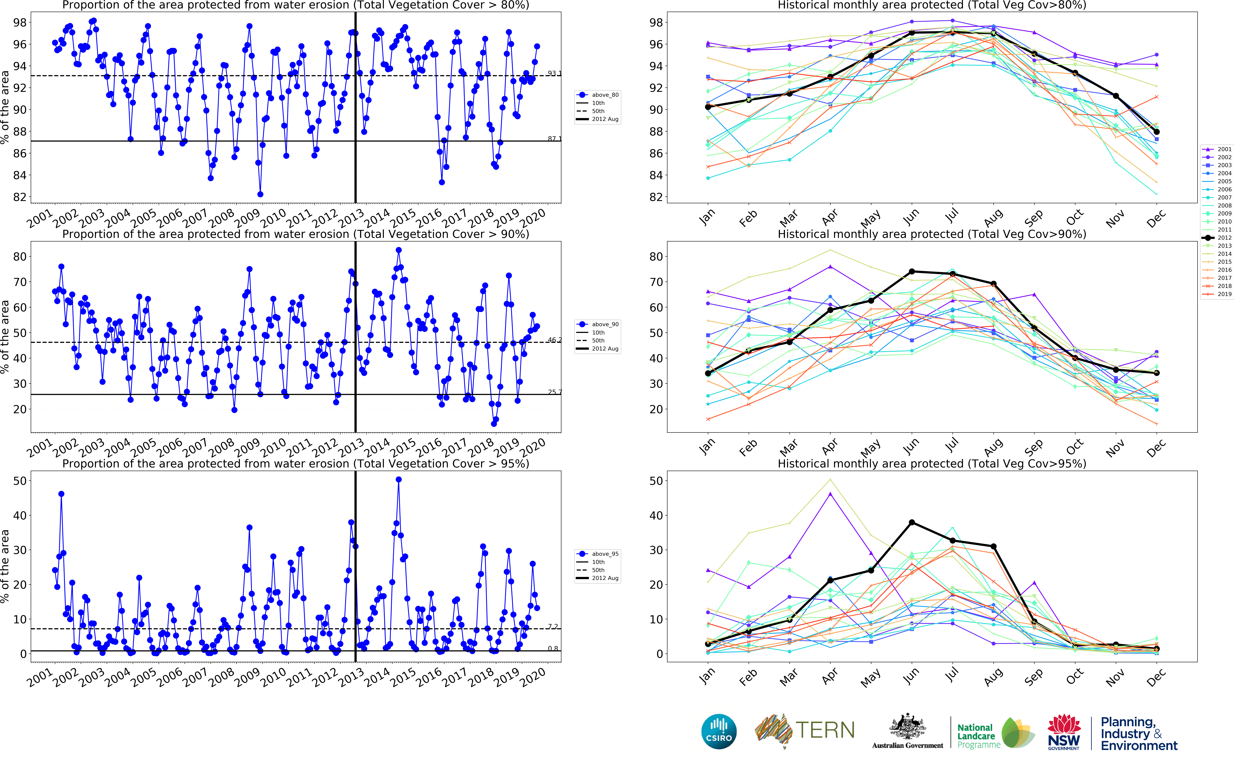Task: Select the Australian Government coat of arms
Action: tap(907, 728)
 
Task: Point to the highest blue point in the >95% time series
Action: tap(398, 480)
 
